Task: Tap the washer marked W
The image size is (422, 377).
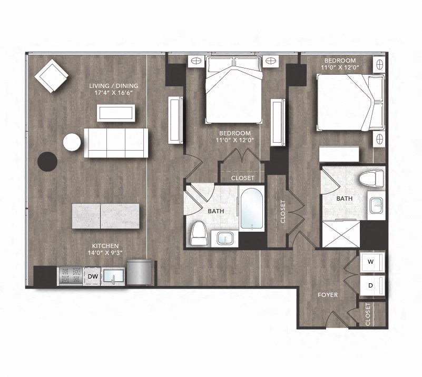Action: (x=371, y=262)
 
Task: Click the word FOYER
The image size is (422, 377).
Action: (x=328, y=295)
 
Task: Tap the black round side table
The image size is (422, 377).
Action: (x=47, y=162)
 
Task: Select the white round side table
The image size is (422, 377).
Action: (x=72, y=142)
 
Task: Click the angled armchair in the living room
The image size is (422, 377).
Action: (x=51, y=76)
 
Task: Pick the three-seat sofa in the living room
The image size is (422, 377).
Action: (x=116, y=142)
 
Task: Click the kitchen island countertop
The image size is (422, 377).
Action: (x=105, y=216)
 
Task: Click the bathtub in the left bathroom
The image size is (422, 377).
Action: (x=252, y=209)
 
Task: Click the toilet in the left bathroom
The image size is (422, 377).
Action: (x=199, y=233)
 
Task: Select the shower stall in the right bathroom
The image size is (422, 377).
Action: (x=340, y=233)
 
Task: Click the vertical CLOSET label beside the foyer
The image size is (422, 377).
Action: (x=368, y=314)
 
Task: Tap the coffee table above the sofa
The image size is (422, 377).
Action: (x=115, y=113)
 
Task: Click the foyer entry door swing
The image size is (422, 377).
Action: (x=334, y=319)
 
